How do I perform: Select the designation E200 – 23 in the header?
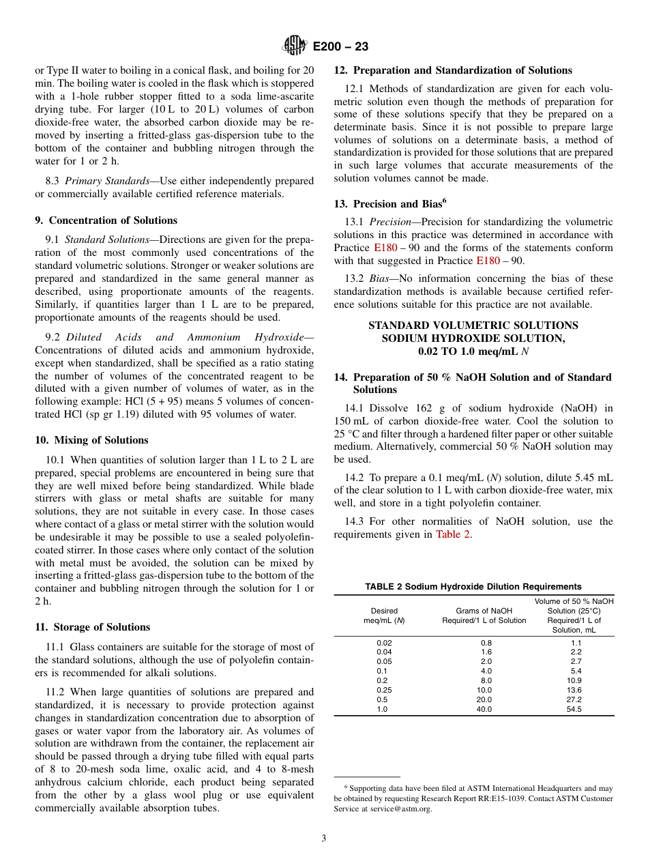340,46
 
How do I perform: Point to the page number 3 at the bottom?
324,838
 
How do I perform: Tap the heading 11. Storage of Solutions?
92,627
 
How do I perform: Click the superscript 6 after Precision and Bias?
444,201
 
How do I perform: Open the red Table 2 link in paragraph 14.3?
453,534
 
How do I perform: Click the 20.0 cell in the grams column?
484,699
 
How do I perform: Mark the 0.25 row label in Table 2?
384,690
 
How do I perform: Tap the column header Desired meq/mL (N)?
384,616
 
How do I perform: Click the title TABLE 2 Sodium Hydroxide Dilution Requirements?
473,586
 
